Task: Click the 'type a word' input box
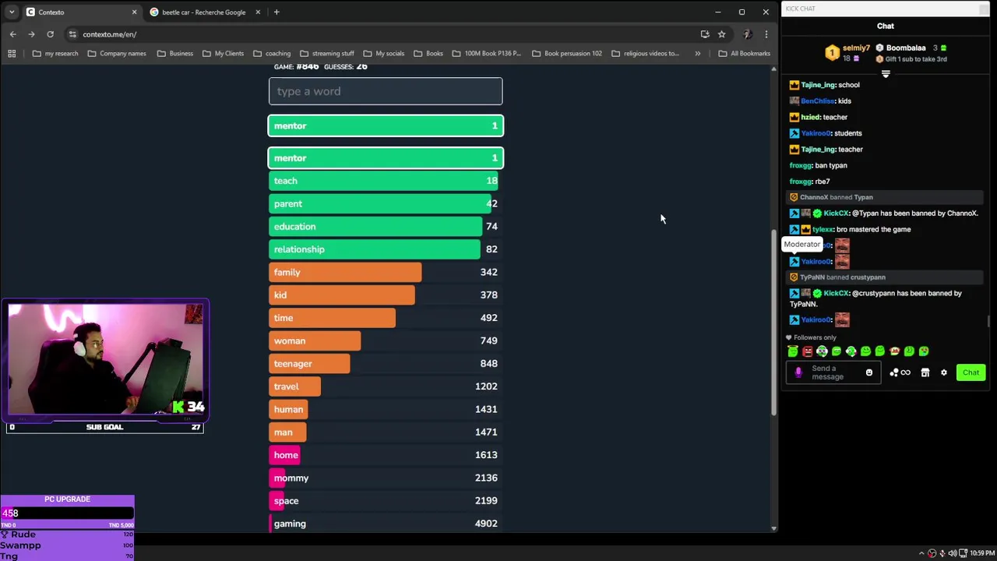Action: (x=386, y=91)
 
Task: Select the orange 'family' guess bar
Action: (x=345, y=272)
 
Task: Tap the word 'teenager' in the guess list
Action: (x=293, y=364)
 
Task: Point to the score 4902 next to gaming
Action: (x=486, y=524)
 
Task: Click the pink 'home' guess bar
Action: (x=285, y=455)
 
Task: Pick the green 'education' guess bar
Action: (x=375, y=227)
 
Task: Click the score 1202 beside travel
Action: (x=486, y=386)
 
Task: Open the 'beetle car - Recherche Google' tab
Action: (x=203, y=12)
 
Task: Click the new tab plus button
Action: (x=277, y=12)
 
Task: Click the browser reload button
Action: (x=50, y=34)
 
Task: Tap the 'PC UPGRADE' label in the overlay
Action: (x=67, y=499)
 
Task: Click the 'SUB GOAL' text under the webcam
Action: (x=104, y=427)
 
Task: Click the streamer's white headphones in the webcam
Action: (x=79, y=348)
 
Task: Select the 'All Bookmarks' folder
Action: (x=744, y=54)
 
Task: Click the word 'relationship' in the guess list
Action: (x=299, y=249)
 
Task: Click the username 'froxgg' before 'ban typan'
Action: (x=801, y=166)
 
